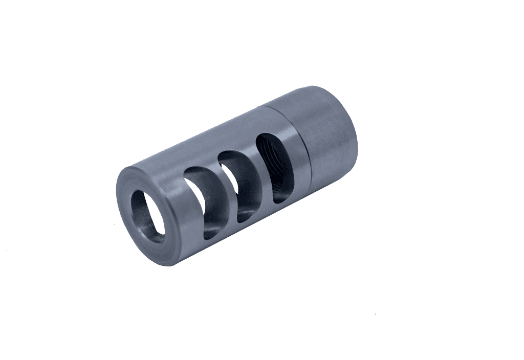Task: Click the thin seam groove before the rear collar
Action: [x=302, y=148]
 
